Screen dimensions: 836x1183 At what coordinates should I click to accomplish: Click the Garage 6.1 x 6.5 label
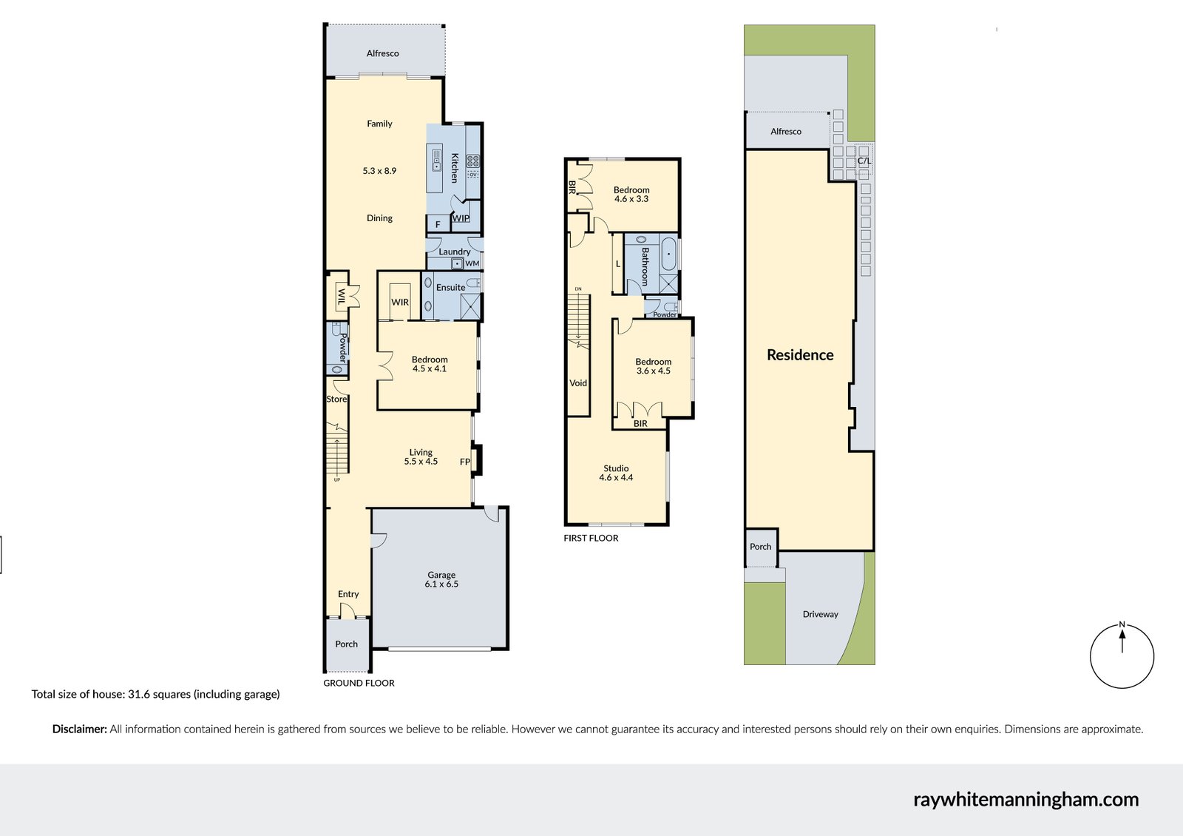pyautogui.click(x=441, y=579)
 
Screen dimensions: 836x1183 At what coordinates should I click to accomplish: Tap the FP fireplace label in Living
pyautogui.click(x=465, y=462)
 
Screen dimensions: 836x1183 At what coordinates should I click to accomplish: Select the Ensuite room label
pyautogui.click(x=450, y=287)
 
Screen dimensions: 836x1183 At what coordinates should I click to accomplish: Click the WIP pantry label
pyautogui.click(x=461, y=218)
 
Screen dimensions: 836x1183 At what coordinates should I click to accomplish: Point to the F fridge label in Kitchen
pyautogui.click(x=438, y=224)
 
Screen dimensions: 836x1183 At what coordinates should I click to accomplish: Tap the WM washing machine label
pyautogui.click(x=472, y=263)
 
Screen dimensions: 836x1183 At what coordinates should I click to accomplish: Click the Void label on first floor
pyautogui.click(x=578, y=383)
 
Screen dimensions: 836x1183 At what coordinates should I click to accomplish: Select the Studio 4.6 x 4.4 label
pyautogui.click(x=616, y=473)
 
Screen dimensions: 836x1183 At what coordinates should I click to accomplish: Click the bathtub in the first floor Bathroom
pyautogui.click(x=668, y=254)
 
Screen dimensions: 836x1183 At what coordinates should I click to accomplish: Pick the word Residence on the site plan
pyautogui.click(x=800, y=355)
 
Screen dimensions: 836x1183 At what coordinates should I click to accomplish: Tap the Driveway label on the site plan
pyautogui.click(x=820, y=614)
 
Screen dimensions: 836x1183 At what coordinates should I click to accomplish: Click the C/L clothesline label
pyautogui.click(x=864, y=161)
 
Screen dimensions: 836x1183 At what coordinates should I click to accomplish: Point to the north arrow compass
pyautogui.click(x=1122, y=655)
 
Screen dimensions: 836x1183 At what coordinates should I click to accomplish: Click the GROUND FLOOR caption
pyautogui.click(x=359, y=683)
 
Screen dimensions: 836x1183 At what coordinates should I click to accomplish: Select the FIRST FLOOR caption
pyautogui.click(x=591, y=538)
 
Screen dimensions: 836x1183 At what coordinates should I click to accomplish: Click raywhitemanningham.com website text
pyautogui.click(x=1026, y=799)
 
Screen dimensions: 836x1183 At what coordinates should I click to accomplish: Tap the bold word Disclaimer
pyautogui.click(x=79, y=729)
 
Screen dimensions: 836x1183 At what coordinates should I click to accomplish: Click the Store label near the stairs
pyautogui.click(x=336, y=399)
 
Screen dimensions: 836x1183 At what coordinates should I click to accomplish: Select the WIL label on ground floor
pyautogui.click(x=341, y=297)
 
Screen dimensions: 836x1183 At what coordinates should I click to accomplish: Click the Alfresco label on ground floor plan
pyautogui.click(x=382, y=53)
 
